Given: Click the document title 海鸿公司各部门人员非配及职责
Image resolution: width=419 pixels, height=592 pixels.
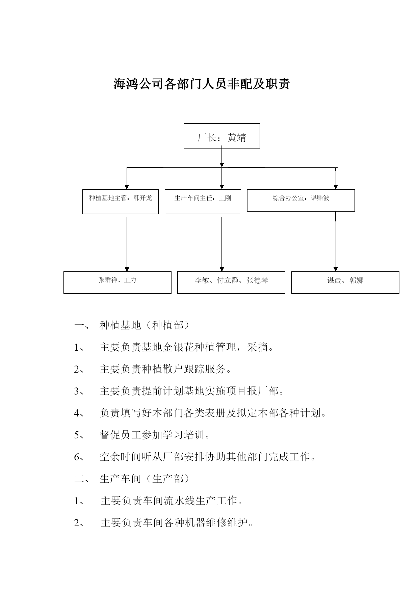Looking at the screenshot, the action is (202, 84).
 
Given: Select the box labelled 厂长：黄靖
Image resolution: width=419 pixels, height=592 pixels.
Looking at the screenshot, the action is (222, 136).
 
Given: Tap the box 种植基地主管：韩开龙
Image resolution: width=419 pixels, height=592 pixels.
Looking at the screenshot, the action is (121, 201).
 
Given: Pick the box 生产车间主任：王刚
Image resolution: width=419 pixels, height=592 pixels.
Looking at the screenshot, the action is (203, 201).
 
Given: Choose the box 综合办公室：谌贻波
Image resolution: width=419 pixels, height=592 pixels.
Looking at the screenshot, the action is (301, 200).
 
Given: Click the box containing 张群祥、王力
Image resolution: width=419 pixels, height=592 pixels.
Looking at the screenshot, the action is (117, 282).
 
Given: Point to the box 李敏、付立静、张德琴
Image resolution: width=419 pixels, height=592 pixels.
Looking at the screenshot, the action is (231, 282).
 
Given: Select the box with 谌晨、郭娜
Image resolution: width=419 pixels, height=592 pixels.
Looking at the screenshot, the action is (345, 282).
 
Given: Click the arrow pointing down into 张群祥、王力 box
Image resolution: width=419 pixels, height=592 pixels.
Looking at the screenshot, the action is (127, 244).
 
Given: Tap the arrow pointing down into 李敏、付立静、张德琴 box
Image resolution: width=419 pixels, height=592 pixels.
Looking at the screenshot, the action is (222, 244).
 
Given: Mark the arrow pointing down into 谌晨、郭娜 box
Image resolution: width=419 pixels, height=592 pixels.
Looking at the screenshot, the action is (336, 241).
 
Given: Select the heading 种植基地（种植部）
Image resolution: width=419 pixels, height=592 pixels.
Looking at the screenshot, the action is (145, 325).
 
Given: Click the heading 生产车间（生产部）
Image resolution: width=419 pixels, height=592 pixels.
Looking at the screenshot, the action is (145, 479).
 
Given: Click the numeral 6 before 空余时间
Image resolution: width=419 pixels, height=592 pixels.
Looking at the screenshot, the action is (77, 457).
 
